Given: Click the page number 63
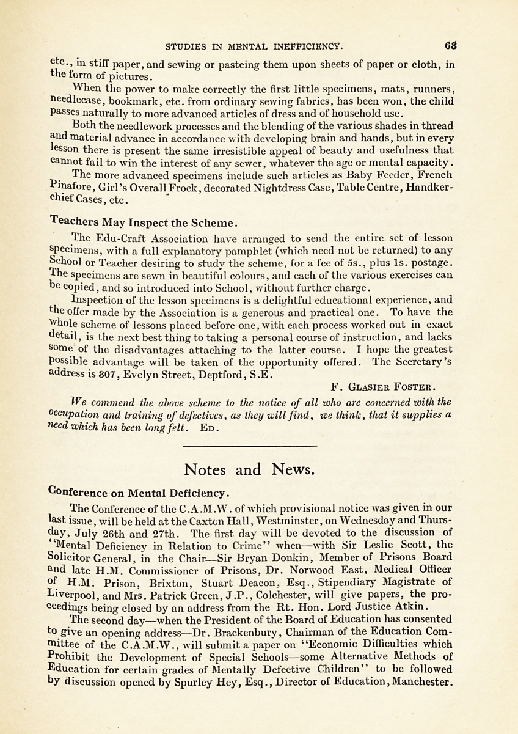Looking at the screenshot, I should point(451,45).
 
